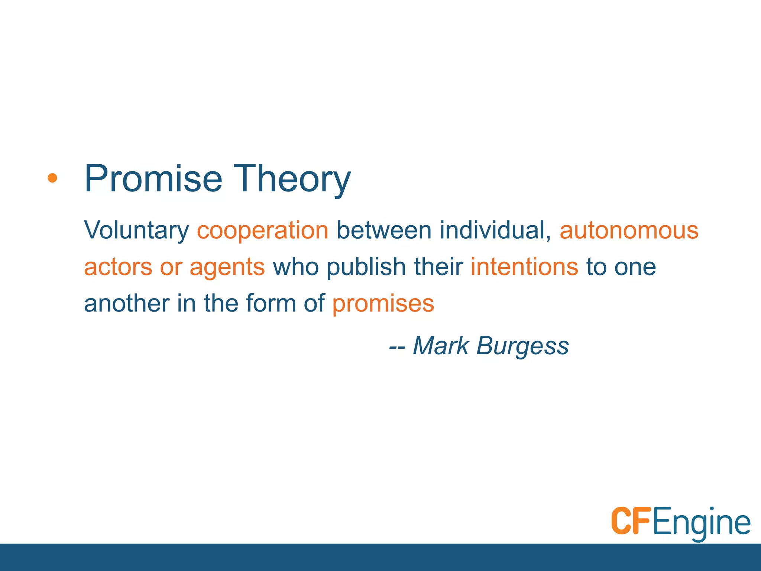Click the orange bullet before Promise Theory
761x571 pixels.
click(52, 178)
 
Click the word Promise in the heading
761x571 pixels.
click(153, 179)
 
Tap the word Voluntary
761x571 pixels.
click(136, 230)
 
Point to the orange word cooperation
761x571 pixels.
click(262, 230)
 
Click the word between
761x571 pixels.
click(384, 230)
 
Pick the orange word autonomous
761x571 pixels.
click(629, 230)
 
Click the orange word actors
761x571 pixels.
click(118, 267)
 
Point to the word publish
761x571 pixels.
click(366, 267)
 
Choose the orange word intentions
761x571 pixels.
click(524, 267)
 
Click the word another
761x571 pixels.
click(127, 303)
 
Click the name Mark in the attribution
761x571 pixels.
click(441, 346)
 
